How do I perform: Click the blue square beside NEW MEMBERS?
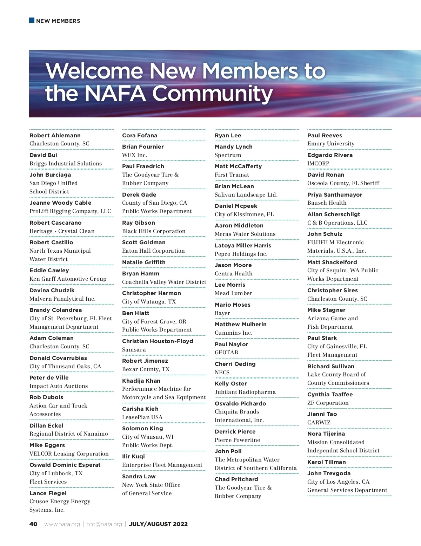pyautogui.click(x=32, y=20)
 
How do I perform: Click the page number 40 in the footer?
pyautogui.click(x=33, y=524)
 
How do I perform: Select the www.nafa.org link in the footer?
pyautogui.click(x=62, y=524)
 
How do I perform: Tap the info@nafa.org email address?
pyautogui.click(x=104, y=524)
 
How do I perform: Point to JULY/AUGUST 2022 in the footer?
pyautogui.click(x=158, y=524)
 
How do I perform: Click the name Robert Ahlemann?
pyautogui.click(x=55, y=136)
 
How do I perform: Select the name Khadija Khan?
pyautogui.click(x=141, y=381)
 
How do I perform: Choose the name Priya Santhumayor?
pyautogui.click(x=335, y=195)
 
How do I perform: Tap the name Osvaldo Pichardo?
pyautogui.click(x=240, y=404)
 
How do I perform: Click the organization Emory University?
pyautogui.click(x=331, y=144)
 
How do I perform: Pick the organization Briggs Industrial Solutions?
pyautogui.click(x=66, y=164)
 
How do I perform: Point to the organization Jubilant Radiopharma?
pyautogui.click(x=245, y=392)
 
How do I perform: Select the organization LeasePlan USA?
pyautogui.click(x=142, y=417)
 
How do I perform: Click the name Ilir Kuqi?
pyautogui.click(x=133, y=457)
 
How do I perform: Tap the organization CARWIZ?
pyautogui.click(x=319, y=423)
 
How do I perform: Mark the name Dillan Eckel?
pyautogui.click(x=47, y=426)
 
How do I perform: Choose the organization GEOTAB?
pyautogui.click(x=226, y=353)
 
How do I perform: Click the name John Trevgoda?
pyautogui.click(x=329, y=473)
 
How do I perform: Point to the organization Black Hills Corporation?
pyautogui.click(x=154, y=231)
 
